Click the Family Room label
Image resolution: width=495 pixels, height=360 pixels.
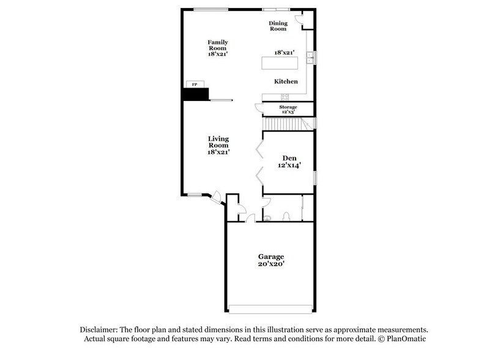217,45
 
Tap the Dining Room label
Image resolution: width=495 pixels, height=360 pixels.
278,26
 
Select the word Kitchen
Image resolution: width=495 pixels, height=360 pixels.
286,81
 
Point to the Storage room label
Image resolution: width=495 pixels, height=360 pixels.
288,107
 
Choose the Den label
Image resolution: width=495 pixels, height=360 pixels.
288,158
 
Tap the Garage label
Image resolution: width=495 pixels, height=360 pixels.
270,256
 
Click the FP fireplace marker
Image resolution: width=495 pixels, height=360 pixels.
195,84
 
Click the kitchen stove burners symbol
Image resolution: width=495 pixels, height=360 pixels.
285,97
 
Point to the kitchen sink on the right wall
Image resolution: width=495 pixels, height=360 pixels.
311,58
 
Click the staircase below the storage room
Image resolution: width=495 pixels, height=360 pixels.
285,124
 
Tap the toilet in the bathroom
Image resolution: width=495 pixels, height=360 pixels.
286,216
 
